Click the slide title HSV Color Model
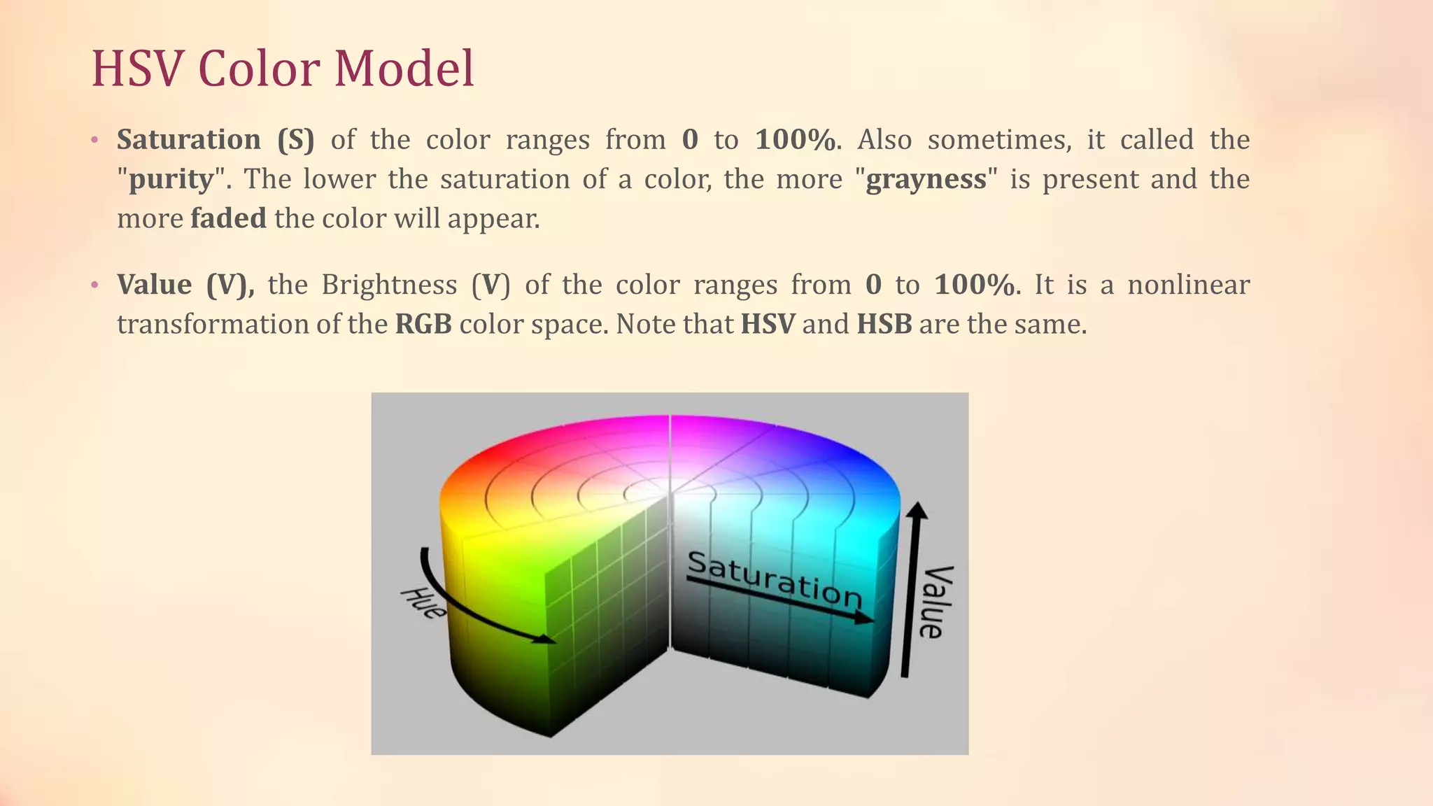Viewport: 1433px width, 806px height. pyautogui.click(x=283, y=69)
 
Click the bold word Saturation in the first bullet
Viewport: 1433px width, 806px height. pyautogui.click(x=188, y=139)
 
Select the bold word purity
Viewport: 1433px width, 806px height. pyautogui.click(x=171, y=179)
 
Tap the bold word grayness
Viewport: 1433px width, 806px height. pyautogui.click(x=926, y=179)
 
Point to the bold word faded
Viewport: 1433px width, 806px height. pyautogui.click(x=228, y=218)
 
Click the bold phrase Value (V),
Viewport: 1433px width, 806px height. pyautogui.click(x=185, y=285)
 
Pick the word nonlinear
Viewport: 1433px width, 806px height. pyautogui.click(x=1188, y=285)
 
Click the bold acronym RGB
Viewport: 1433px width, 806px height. pyautogui.click(x=423, y=324)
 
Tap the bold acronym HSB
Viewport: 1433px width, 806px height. pyautogui.click(x=884, y=324)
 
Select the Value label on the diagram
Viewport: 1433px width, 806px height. pyautogui.click(x=936, y=602)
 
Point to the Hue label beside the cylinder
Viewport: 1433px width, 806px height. pyautogui.click(x=423, y=603)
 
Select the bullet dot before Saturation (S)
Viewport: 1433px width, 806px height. pyautogui.click(x=94, y=140)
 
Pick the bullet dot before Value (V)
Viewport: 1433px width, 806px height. pyautogui.click(x=94, y=285)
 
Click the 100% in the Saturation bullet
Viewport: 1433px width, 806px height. pyautogui.click(x=795, y=139)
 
